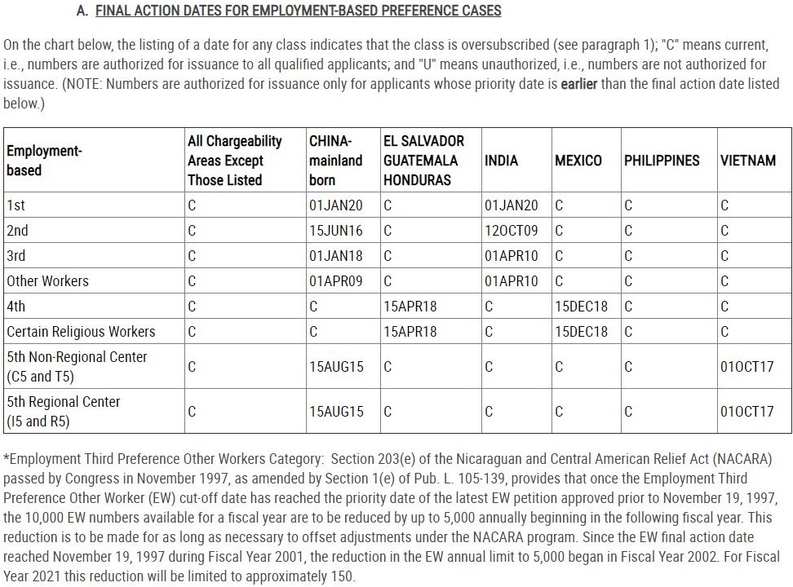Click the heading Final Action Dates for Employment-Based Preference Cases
[x=299, y=11]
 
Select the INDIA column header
[x=501, y=161]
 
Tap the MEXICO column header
[x=578, y=161]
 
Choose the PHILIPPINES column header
[x=662, y=161]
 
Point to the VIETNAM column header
[x=748, y=161]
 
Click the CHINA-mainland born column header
[x=335, y=161]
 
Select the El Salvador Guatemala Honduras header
[x=423, y=161]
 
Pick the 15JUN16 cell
[x=336, y=231]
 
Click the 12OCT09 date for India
[x=512, y=231]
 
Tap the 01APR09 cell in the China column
[x=336, y=281]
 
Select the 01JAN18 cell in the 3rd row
[x=336, y=256]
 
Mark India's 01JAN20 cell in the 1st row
[x=512, y=205]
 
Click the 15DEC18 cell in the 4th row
[x=581, y=307]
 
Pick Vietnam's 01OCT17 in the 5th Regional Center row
[x=746, y=412]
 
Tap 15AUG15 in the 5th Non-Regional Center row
[x=336, y=367]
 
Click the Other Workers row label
[x=47, y=281]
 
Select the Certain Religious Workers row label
[x=81, y=332]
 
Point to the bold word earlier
[x=579, y=84]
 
